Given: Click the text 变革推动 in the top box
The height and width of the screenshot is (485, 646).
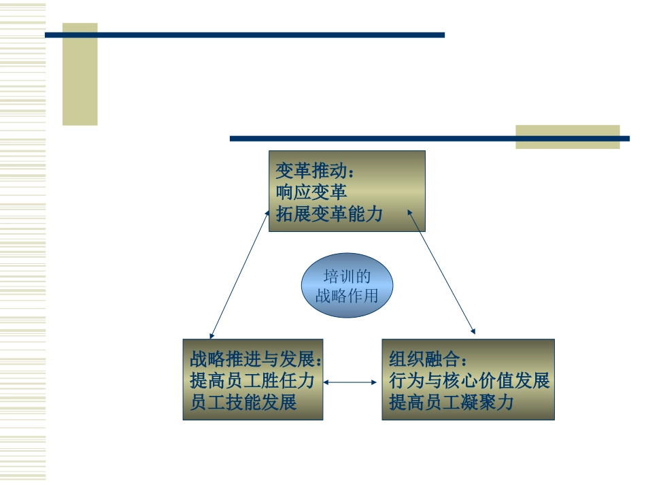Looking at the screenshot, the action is [311, 171].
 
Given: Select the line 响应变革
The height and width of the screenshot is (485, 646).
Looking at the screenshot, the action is [311, 193].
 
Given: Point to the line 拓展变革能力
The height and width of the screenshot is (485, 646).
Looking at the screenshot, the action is [329, 214].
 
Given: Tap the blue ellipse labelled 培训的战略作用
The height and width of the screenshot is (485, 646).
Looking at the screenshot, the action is [347, 285].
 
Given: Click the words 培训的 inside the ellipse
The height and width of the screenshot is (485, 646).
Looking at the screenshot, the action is [347, 276].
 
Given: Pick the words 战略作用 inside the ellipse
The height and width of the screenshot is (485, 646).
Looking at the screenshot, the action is [347, 295].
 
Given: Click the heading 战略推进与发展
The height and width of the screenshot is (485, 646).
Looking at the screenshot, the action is [252, 359].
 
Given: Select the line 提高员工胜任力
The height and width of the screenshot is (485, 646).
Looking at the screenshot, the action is [252, 380].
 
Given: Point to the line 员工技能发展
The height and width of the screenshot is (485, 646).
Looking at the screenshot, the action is [243, 402].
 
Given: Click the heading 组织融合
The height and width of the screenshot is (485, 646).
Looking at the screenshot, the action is [424, 359].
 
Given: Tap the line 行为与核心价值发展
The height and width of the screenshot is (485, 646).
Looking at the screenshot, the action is [469, 380].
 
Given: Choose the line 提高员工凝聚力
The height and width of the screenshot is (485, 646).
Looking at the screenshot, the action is [451, 402].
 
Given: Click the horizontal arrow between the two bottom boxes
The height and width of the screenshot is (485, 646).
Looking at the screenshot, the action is [350, 382].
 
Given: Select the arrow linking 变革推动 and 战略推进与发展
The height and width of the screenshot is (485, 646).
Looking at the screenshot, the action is [239, 274].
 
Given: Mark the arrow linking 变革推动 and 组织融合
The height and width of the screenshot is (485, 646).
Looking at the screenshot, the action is [441, 271].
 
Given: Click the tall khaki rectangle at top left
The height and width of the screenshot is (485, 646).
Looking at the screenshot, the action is [80, 74].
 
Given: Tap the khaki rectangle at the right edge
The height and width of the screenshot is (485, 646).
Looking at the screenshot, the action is [568, 137].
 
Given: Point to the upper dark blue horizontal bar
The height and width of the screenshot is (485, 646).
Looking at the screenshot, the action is [245, 35].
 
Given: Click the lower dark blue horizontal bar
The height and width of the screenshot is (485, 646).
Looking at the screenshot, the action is [430, 139].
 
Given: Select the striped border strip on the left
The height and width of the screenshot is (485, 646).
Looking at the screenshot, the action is [22, 242].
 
